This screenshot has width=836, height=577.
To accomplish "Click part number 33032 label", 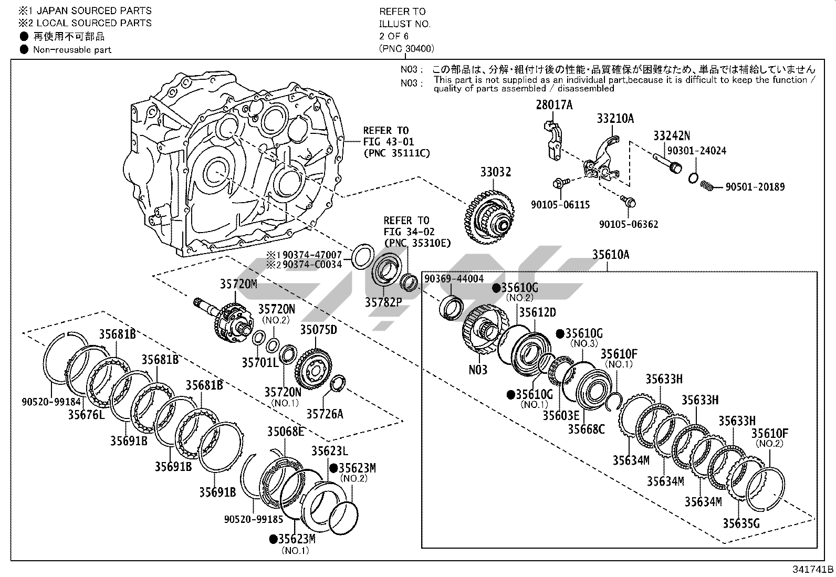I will tap(495, 172).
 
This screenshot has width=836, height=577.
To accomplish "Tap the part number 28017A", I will tap(554, 105).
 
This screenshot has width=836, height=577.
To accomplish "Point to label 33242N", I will tap(671, 136).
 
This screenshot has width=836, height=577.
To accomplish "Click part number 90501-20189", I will tap(755, 187).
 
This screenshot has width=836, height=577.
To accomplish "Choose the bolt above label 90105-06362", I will tap(628, 201).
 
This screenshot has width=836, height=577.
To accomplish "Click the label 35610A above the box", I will tap(610, 255).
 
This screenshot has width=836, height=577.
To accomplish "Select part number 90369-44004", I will tap(454, 279).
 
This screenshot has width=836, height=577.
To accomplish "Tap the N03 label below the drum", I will tap(478, 370).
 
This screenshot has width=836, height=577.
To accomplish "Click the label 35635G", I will tap(740, 523).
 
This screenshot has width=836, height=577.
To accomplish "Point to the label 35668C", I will tap(586, 429).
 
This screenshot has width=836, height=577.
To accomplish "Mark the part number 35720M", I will tap(238, 284).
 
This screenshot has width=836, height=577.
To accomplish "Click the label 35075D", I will tap(318, 330).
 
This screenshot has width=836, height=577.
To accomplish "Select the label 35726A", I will tap(325, 414).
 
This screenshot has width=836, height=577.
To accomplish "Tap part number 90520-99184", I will tap(51, 402).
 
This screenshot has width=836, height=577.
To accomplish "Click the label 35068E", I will tap(285, 432).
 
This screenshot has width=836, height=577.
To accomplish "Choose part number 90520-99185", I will tap(254, 519).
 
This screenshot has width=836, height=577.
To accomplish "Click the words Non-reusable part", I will tap(72, 50).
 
